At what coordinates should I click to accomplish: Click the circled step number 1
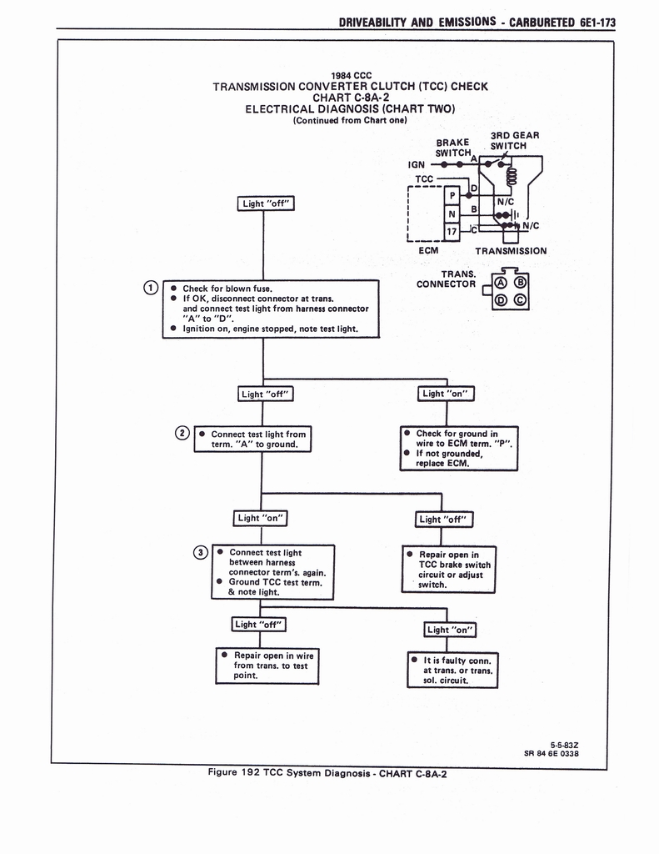(150, 289)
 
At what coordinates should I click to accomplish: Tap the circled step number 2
(182, 432)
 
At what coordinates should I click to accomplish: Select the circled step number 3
(200, 552)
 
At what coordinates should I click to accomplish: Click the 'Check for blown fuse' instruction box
(270, 309)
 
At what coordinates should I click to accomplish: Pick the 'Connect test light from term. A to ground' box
(252, 440)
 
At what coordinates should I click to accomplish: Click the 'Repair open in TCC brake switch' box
(448, 570)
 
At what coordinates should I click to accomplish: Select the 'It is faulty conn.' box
(452, 670)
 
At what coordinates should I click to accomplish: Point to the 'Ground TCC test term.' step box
(273, 572)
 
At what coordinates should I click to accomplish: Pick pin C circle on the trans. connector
(519, 300)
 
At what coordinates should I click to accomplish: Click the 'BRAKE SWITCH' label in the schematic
(452, 147)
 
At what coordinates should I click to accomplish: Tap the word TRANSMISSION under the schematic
(511, 250)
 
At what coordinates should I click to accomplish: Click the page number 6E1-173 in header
(596, 23)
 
